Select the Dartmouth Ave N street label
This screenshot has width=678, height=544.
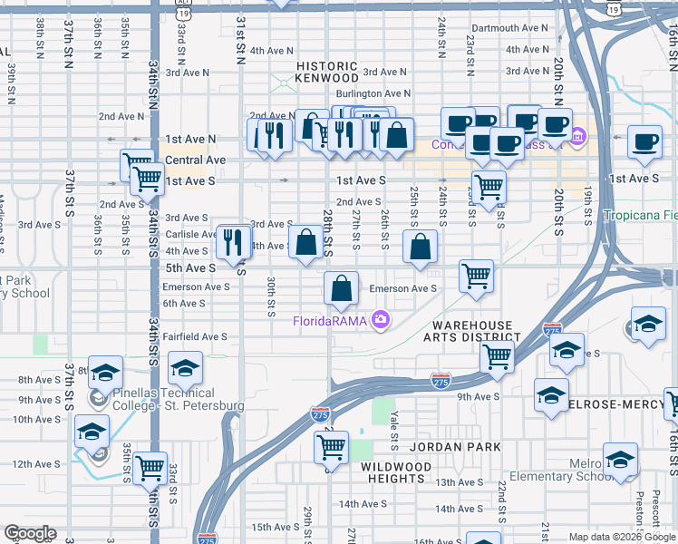pos(509,28)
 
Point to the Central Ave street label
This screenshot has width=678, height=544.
pos(195,160)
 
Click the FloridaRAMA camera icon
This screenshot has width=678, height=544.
pos(381,319)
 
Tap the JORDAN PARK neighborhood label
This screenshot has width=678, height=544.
pos(449,447)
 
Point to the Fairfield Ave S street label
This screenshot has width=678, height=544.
pos(195,336)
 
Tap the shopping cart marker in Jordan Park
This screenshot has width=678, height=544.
pos(331,446)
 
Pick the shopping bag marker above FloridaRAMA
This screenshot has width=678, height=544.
pos(341,288)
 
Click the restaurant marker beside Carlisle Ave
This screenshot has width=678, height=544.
pos(235,241)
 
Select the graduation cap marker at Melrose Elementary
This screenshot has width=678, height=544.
pos(621,461)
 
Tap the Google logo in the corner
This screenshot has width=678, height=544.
pos(29,533)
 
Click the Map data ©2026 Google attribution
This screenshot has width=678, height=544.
pos(621,537)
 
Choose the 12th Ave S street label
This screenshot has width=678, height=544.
pos(35,464)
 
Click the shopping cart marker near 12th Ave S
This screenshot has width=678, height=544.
pos(150,469)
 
